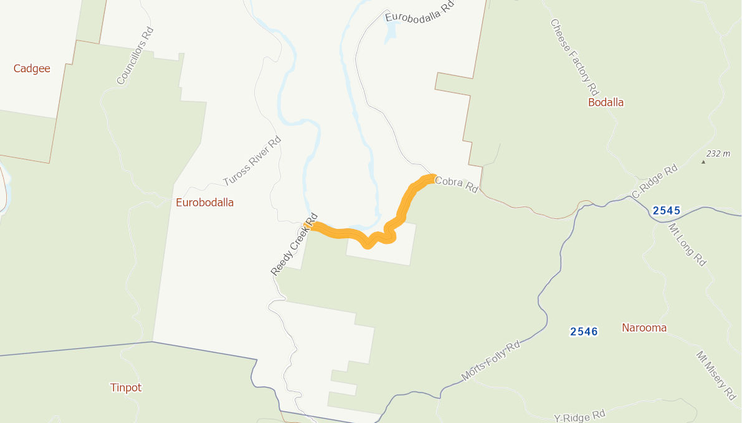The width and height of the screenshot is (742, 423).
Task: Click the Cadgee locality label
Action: point(32,68)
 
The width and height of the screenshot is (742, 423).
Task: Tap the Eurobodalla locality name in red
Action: point(204,202)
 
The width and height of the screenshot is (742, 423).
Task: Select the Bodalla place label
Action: point(606,102)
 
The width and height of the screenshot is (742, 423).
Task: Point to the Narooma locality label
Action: point(644,328)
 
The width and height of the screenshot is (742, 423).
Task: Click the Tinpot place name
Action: point(126,388)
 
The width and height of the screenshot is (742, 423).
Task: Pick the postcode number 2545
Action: point(666,211)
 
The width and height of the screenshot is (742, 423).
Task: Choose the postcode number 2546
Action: point(584,332)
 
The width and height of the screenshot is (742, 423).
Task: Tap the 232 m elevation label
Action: point(718,154)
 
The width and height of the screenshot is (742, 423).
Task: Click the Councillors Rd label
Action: point(135,56)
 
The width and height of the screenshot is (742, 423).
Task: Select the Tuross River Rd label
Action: point(252,162)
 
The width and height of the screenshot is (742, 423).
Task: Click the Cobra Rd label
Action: point(456,185)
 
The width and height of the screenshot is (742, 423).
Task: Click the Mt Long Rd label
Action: point(687,245)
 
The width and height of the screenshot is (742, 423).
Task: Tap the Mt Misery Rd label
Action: point(716,375)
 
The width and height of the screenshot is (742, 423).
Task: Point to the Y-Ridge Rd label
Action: point(579,416)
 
